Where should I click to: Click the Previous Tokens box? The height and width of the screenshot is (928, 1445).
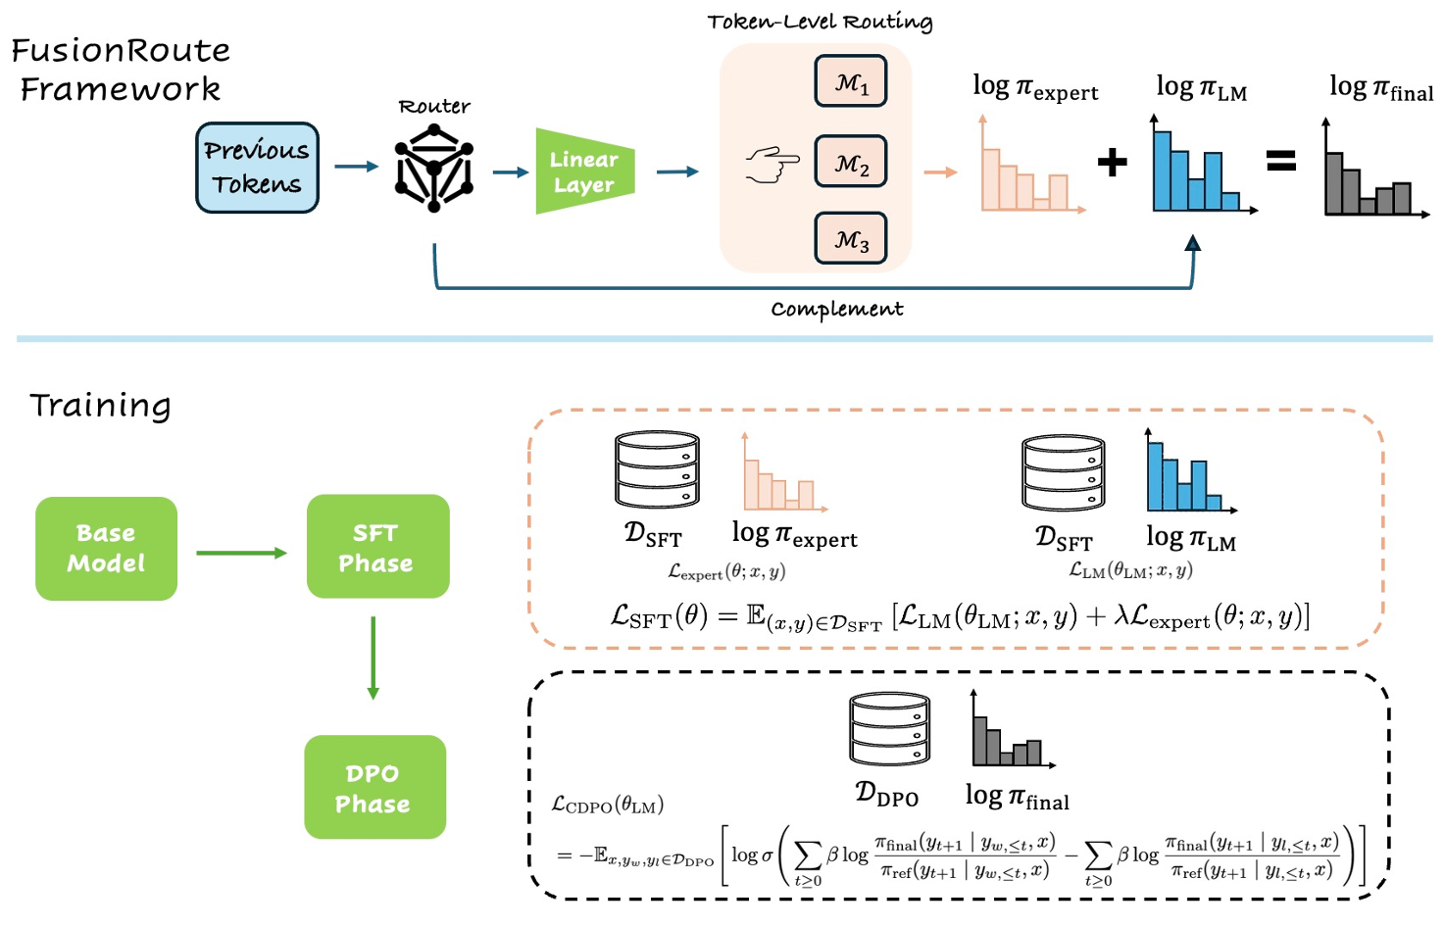tap(257, 168)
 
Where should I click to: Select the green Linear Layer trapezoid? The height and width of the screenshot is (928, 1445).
tap(584, 171)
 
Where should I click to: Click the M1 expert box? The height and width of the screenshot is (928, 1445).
tap(851, 82)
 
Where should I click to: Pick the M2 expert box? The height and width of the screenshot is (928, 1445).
tap(851, 162)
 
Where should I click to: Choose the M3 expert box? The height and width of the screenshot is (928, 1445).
tap(851, 239)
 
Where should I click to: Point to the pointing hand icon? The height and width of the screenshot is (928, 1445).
tap(772, 164)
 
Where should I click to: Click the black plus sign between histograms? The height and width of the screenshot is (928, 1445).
tap(1112, 162)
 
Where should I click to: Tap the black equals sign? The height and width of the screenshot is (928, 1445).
tap(1281, 161)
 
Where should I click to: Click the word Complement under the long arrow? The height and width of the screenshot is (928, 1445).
tap(836, 310)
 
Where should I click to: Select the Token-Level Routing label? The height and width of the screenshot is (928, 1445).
tap(820, 22)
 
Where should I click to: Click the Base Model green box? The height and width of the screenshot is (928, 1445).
tap(106, 549)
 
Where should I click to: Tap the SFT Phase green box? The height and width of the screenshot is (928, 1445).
tap(377, 547)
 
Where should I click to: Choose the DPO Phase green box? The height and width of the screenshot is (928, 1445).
tap(374, 788)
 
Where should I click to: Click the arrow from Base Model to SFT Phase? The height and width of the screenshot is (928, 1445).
tap(241, 553)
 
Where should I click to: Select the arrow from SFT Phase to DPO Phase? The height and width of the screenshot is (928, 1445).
tap(373, 658)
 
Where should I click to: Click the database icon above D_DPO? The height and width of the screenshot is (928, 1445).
tap(889, 729)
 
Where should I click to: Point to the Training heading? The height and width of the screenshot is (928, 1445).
tap(100, 405)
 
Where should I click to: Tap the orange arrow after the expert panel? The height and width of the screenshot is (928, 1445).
tap(940, 172)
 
